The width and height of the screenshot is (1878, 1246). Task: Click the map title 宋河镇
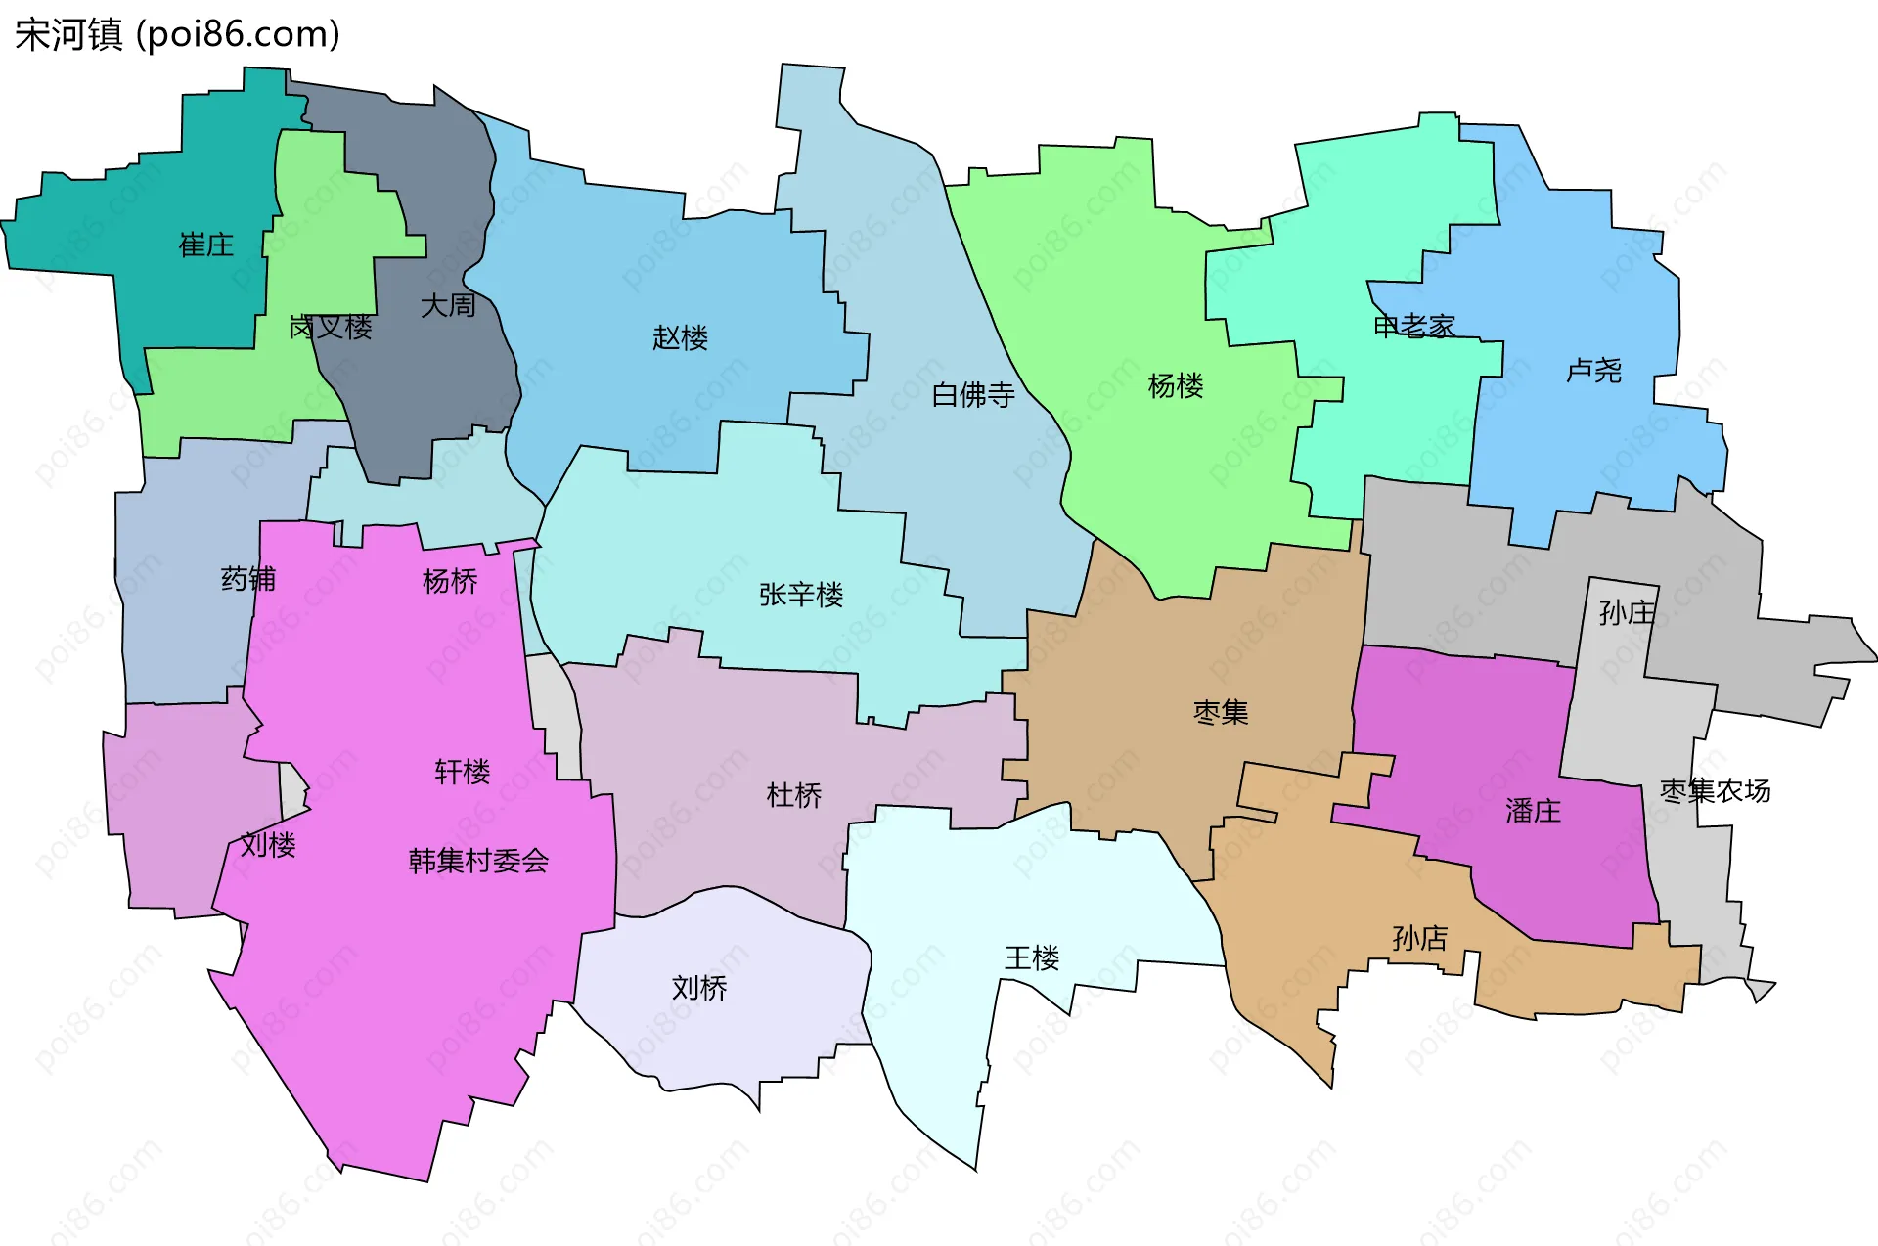[68, 34]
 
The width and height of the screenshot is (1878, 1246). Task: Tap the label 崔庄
[206, 245]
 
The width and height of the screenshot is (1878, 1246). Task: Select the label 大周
[448, 306]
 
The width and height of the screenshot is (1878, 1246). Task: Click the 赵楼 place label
[680, 338]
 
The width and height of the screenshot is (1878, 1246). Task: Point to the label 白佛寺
[973, 395]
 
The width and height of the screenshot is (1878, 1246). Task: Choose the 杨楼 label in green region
[1175, 386]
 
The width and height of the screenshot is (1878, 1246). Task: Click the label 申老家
[1413, 327]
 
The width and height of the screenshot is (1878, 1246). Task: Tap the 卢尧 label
[1593, 371]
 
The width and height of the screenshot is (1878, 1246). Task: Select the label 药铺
[248, 579]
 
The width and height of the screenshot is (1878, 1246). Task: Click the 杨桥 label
[450, 582]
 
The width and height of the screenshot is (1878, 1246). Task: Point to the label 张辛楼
[800, 595]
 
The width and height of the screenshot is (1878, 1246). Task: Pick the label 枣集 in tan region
[1221, 712]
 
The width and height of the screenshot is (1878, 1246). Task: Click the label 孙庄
[1627, 613]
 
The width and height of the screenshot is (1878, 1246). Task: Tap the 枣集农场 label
[1715, 790]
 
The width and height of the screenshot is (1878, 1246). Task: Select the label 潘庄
[1533, 811]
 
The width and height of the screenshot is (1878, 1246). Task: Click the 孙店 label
[1419, 939]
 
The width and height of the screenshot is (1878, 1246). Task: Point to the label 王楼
[1032, 957]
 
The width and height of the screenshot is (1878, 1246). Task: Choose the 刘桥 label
[699, 988]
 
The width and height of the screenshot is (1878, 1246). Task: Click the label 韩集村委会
[478, 861]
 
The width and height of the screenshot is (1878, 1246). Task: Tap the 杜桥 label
[794, 795]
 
